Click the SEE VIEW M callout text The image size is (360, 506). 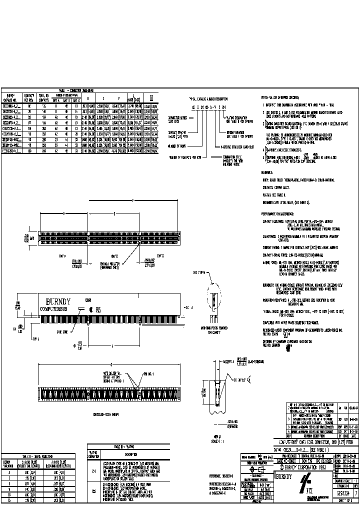point(197,273)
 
